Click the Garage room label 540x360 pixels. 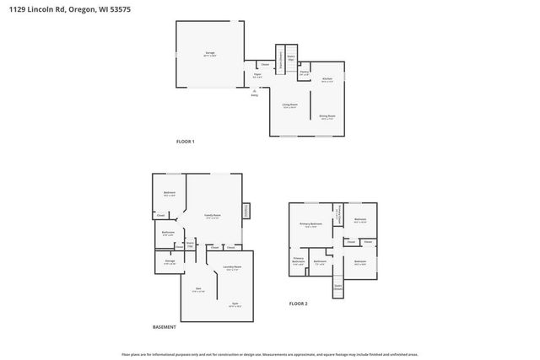point(209,53)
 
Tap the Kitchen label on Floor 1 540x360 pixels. point(327,80)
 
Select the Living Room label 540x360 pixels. point(289,105)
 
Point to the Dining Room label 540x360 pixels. point(327,116)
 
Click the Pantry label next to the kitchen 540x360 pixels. point(304,72)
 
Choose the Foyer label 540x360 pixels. point(257,75)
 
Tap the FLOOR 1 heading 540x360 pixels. point(185,141)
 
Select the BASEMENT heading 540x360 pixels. point(165,326)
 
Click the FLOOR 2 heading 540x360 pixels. point(299,303)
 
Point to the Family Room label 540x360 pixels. point(213,216)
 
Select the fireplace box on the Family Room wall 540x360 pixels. point(246,210)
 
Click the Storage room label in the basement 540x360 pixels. point(170,262)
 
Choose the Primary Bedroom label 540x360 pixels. point(310,224)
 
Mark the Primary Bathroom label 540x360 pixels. point(299,261)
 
